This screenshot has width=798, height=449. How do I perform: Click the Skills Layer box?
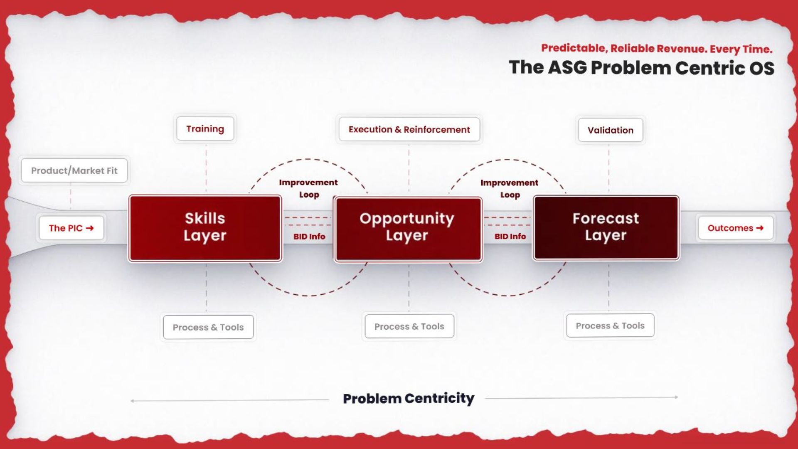tap(205, 228)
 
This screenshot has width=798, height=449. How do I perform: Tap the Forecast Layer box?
tap(606, 228)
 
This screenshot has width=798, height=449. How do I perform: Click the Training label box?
tap(205, 129)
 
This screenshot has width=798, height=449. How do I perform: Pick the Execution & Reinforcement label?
tap(409, 129)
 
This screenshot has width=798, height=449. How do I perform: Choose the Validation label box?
tap(611, 130)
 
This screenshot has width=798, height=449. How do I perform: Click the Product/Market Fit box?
tap(74, 170)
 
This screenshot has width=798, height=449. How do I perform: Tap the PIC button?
tap(71, 228)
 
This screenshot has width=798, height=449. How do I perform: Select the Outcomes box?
tap(736, 228)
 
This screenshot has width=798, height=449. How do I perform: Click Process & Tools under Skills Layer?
tap(208, 327)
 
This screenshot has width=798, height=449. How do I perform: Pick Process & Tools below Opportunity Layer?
tap(409, 326)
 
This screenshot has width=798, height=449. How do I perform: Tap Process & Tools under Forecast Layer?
tap(610, 326)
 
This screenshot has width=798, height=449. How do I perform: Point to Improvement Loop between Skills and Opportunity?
tap(308, 188)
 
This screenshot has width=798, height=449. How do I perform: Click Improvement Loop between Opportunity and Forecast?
tap(510, 189)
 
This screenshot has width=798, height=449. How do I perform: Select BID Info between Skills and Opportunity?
tap(309, 237)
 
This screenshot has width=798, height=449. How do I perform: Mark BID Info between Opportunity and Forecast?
tap(510, 237)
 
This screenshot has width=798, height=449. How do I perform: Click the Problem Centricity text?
tap(409, 398)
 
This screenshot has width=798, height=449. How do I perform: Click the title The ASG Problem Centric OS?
tap(642, 68)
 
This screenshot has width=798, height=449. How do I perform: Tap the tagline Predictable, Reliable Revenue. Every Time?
tap(657, 49)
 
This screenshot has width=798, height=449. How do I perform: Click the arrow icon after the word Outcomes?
tap(760, 228)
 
